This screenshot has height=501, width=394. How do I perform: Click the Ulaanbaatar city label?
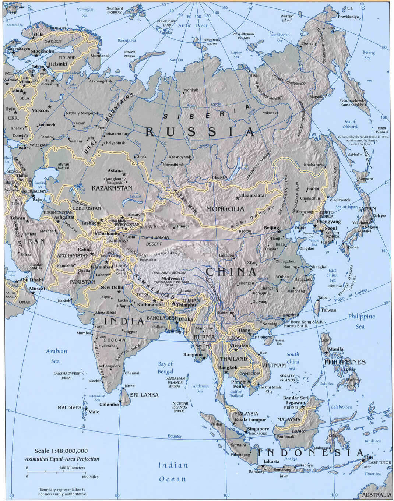click(x=253, y=195)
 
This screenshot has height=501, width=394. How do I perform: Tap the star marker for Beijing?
click(x=279, y=232)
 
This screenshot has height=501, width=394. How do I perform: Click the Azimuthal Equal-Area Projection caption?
click(x=62, y=459)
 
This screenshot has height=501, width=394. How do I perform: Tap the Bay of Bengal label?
click(x=166, y=367)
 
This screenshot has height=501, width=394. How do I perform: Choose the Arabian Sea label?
click(x=56, y=356)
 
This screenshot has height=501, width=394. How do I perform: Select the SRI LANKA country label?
click(x=144, y=395)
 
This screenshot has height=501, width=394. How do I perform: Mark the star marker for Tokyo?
click(x=372, y=219)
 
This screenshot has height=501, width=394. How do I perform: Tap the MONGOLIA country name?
click(x=225, y=209)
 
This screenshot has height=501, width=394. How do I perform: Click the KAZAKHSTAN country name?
click(x=112, y=188)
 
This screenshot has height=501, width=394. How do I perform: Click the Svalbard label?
click(x=115, y=10)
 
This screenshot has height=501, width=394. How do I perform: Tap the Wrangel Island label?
click(x=287, y=18)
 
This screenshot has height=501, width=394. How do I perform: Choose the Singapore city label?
click(x=258, y=429)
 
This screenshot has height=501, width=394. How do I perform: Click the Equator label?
click(x=175, y=436)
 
